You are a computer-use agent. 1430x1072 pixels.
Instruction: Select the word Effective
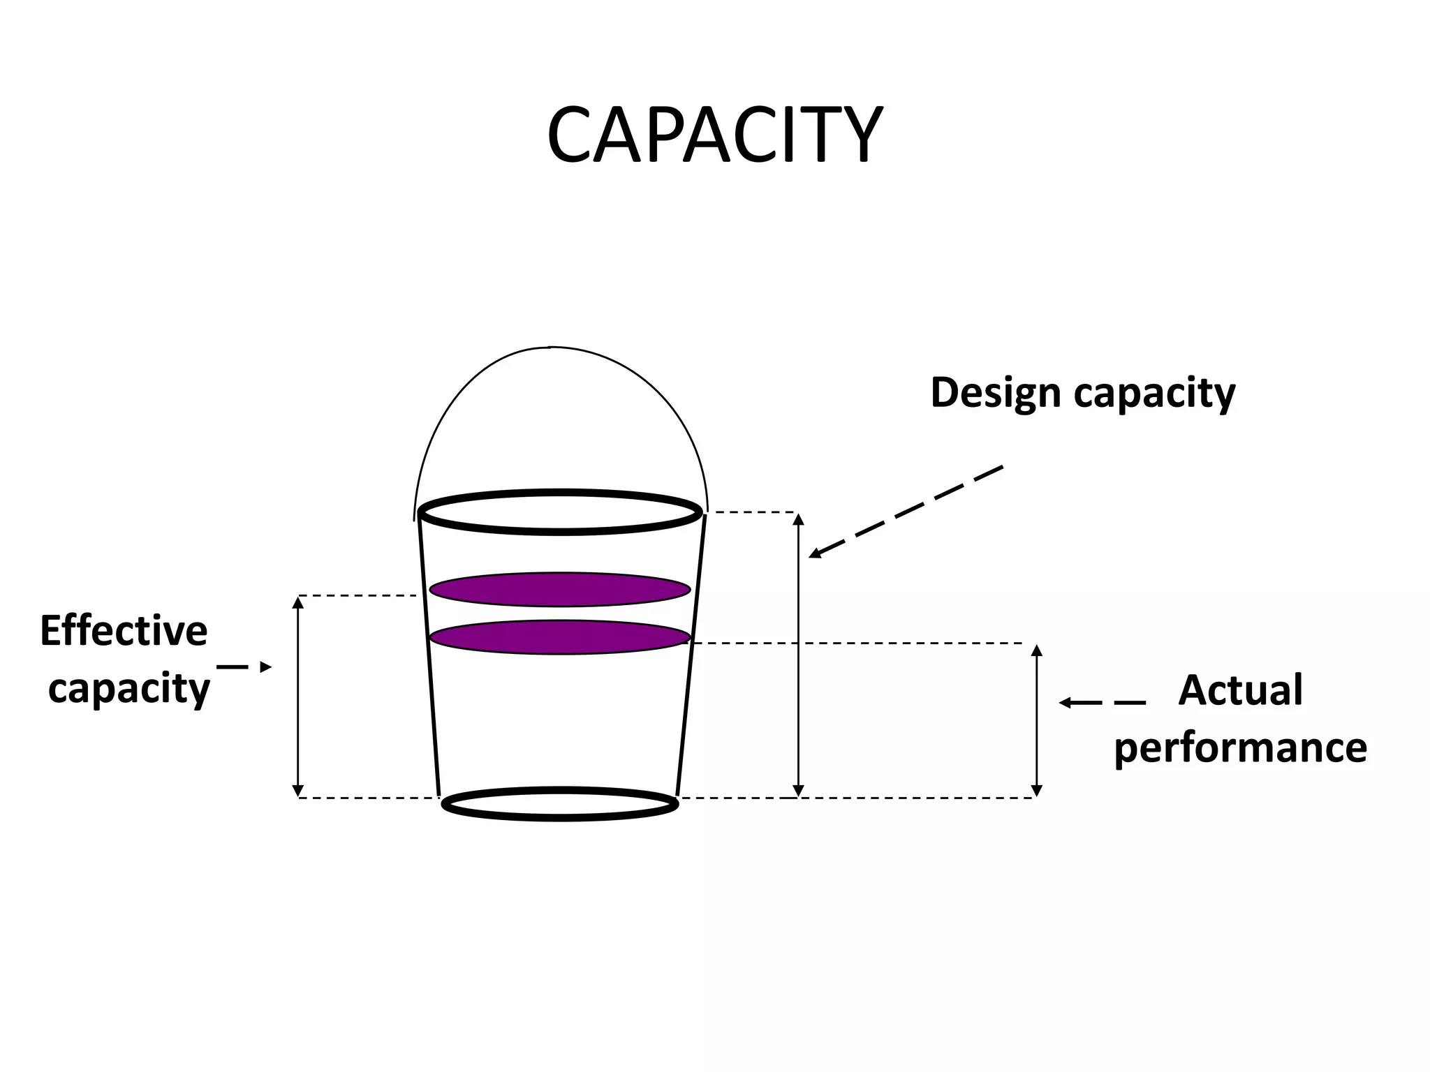coord(124,632)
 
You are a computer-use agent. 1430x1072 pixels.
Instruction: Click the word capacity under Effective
coord(128,690)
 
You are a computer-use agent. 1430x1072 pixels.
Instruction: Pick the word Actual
coord(1240,690)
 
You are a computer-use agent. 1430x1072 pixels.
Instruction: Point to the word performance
coord(1240,749)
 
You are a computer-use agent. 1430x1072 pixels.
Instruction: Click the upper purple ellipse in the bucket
coord(559,590)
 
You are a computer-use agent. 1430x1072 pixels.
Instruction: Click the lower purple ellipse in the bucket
coord(559,637)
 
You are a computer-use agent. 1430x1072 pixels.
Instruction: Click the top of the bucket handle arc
coord(550,347)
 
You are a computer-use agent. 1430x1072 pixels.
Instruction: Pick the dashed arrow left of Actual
coord(1102,703)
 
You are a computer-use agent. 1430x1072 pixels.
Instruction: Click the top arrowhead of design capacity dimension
coord(799,519)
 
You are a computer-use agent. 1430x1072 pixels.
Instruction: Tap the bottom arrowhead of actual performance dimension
coord(1037,791)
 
